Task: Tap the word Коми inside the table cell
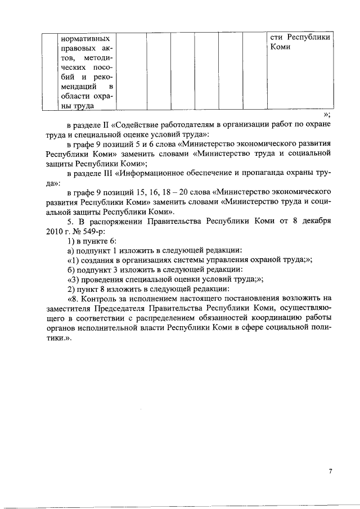coord(280,48)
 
